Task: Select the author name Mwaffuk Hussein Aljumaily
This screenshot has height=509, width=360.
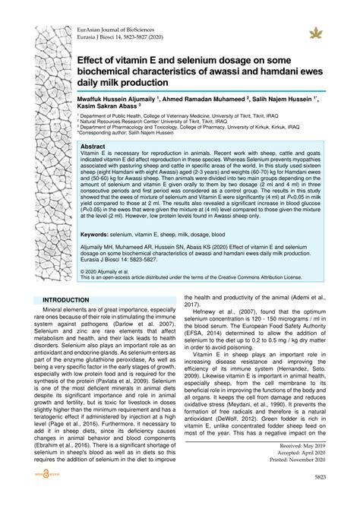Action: tap(115, 99)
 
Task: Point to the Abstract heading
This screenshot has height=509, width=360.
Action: tap(93, 146)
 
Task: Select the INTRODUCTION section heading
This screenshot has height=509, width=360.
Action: tap(66, 278)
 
